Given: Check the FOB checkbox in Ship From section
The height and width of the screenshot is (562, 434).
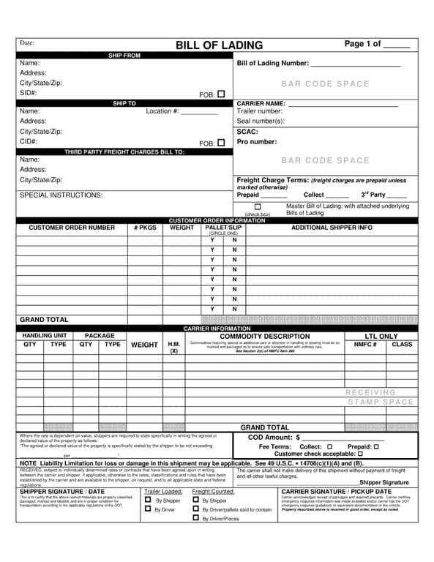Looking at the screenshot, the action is coord(221,94).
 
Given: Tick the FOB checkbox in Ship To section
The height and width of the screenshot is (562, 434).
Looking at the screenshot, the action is coord(221,143).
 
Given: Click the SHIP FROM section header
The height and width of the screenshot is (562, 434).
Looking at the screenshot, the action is coord(124,56).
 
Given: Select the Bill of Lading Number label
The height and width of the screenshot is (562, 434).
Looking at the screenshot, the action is coord(273,64).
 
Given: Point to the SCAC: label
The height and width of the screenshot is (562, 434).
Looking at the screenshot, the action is coord(247,132).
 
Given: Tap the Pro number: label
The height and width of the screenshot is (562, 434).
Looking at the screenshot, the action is coord(257,142).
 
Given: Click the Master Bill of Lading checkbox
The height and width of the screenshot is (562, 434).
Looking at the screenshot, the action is coord(258,207).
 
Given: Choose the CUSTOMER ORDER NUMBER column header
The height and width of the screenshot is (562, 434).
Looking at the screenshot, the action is coord(72,228).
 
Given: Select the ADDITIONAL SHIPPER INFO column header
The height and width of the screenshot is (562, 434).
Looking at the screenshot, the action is coord(332,228).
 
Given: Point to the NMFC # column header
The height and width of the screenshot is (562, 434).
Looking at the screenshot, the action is coord(365,344).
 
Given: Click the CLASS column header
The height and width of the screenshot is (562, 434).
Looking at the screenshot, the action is coord(402,344).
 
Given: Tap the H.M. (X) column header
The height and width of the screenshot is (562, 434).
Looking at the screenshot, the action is coord(174,347).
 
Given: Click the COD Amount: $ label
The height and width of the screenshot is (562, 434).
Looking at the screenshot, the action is coord(274,437).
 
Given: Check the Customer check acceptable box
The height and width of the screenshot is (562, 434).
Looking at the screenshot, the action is coord(360,454).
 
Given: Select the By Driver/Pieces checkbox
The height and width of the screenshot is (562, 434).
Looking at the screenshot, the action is coord(195,518).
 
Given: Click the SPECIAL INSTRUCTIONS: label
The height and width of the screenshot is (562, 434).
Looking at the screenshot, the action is coord(61,195).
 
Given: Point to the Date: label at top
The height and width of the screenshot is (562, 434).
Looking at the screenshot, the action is coord(27,42).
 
